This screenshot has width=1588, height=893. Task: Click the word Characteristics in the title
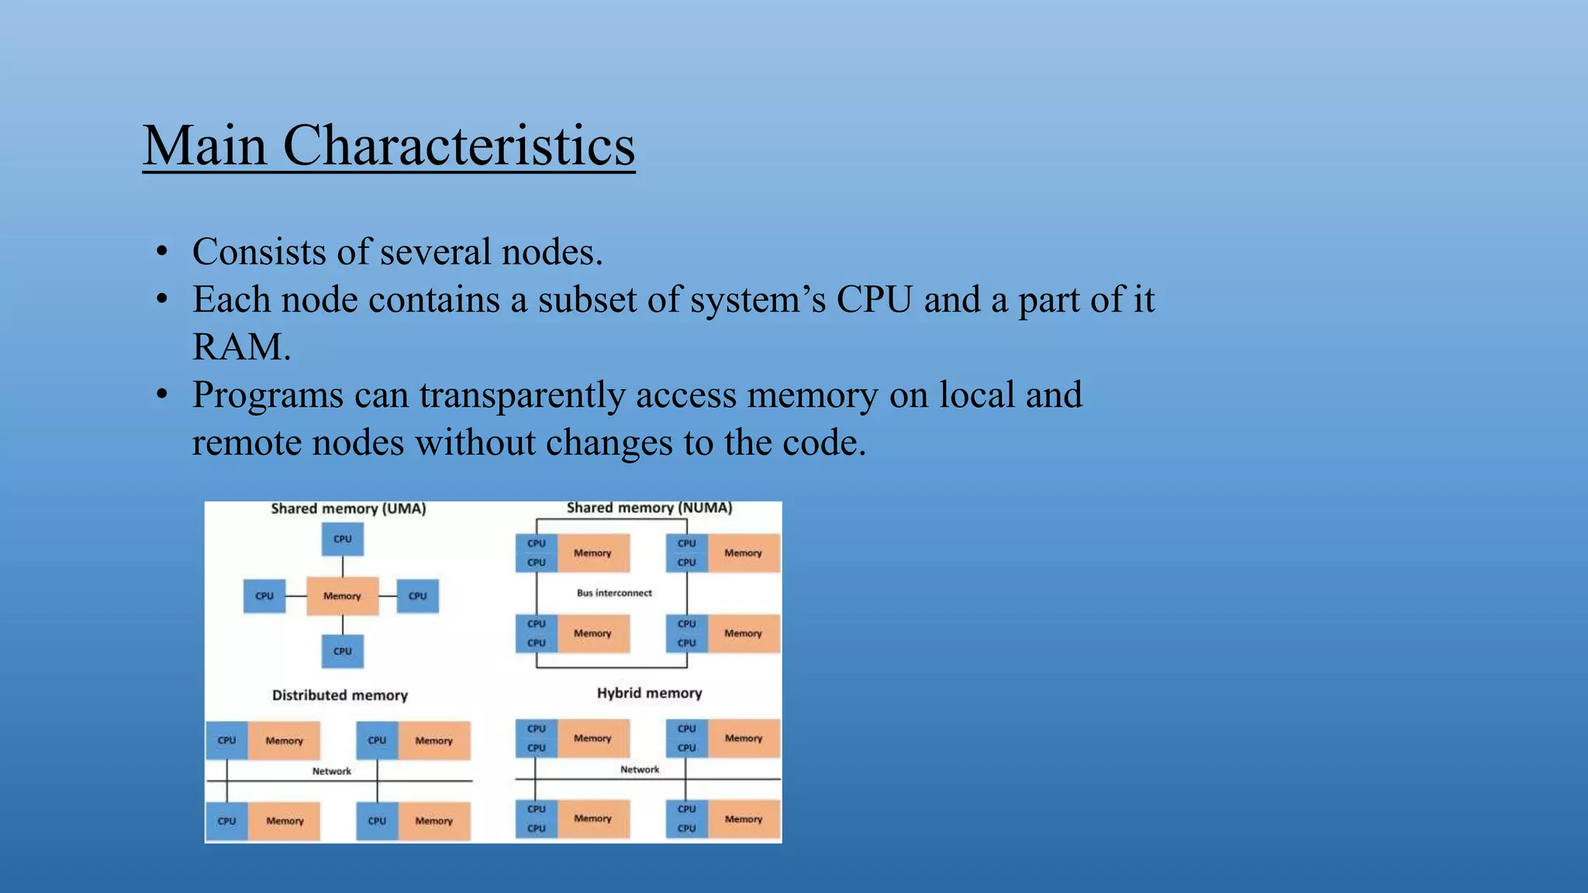point(459,146)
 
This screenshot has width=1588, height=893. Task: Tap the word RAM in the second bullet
point(240,347)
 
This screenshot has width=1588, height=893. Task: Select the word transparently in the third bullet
point(523,395)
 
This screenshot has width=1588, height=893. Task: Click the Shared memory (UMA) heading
point(348,509)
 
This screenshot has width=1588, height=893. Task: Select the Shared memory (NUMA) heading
point(649,509)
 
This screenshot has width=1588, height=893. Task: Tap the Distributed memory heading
point(340,695)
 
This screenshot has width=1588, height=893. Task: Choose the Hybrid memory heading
point(649,693)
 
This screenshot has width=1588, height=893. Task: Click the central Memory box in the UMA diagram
point(342,596)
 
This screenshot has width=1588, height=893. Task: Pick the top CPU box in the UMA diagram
point(342,539)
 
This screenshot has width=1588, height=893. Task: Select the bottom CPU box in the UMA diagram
point(342,651)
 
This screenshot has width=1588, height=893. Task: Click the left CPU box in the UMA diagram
point(264,596)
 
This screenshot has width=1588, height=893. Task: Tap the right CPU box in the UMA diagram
point(417,596)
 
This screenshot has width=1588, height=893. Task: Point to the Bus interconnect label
point(614,593)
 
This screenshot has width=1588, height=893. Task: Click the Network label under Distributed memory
point(331,771)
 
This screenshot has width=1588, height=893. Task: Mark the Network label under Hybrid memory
point(640,770)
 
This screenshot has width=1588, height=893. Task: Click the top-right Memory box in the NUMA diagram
point(743,553)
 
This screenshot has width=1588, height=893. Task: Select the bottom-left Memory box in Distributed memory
point(285,821)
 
